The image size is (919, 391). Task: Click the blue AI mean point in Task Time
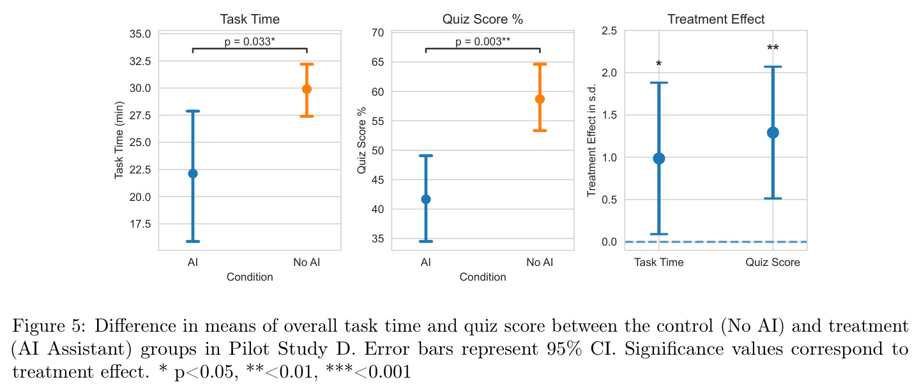[x=193, y=173]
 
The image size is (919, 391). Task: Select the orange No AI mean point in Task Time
[x=307, y=89]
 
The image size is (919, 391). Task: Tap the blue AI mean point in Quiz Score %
[x=426, y=200]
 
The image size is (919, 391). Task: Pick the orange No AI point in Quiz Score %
[x=540, y=99]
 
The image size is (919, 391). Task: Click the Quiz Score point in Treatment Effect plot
[x=773, y=133]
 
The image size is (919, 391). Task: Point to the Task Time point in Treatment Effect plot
[x=659, y=158]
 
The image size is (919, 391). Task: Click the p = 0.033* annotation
[x=250, y=41]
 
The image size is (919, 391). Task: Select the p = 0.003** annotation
[x=482, y=41]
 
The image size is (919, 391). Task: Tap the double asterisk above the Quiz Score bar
[x=773, y=48]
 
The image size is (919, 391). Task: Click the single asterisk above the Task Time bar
[x=659, y=63]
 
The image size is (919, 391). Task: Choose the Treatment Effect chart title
[x=716, y=19]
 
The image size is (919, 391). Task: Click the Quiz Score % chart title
[x=482, y=19]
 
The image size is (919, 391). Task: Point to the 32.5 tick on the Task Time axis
[x=141, y=61]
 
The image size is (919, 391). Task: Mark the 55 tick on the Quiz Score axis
[x=378, y=121]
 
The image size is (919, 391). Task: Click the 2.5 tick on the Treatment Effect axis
[x=609, y=31]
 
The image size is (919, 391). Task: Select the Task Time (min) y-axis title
[x=119, y=140]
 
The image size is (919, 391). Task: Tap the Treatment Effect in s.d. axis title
[x=591, y=140]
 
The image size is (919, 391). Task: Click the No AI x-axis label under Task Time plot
[x=307, y=262]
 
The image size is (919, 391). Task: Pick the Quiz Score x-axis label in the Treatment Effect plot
[x=773, y=262]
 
